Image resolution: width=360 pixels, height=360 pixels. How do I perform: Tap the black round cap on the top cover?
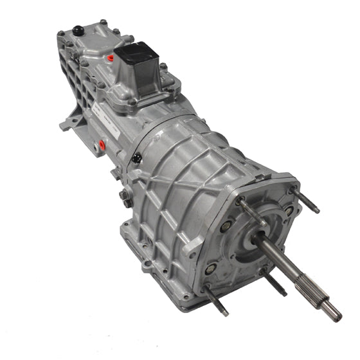(77, 30)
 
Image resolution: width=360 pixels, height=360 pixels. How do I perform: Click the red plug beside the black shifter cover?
(111, 59)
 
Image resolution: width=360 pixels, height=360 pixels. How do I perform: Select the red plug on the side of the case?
(100, 146)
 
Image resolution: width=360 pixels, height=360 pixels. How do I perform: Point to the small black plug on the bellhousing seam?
(136, 157)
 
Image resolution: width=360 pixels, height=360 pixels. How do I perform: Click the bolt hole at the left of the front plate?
(226, 227)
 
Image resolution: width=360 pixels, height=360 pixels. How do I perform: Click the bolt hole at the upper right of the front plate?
(289, 210)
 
